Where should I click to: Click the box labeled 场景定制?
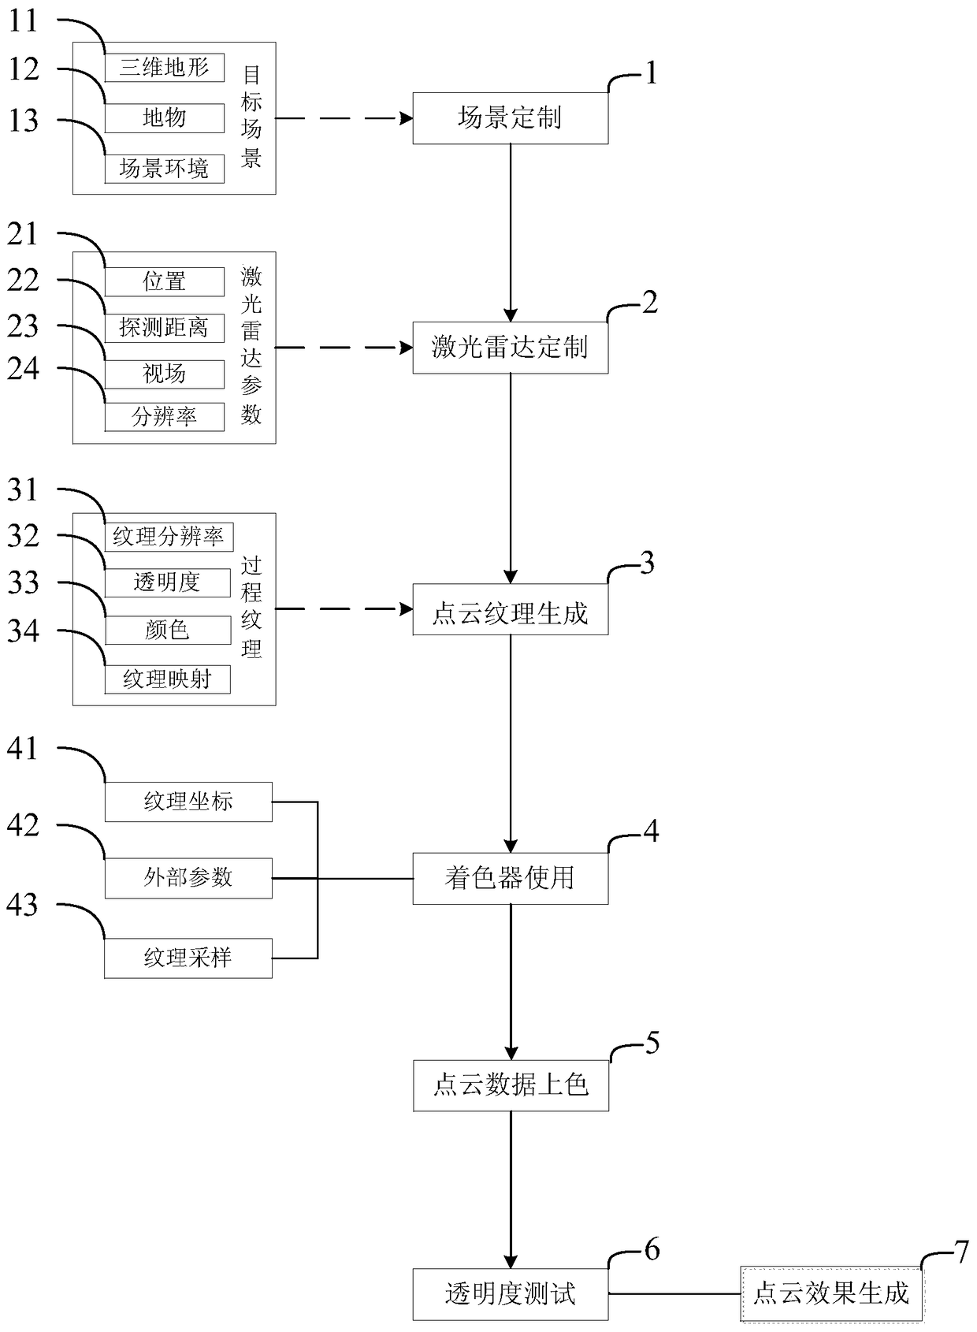coord(510,118)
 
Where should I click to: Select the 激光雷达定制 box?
coord(510,348)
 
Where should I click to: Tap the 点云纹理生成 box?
coord(510,613)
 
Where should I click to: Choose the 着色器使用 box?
coord(510,878)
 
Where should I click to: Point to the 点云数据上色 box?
coord(511,1085)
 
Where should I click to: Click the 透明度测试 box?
coord(510,1293)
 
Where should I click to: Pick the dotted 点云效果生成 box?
coord(831,1293)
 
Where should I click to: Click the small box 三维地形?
coord(164,68)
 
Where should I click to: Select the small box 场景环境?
coord(164,169)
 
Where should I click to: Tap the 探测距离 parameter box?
coord(164,327)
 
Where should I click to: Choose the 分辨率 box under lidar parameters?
coord(164,416)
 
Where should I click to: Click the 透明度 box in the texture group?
coord(167,582)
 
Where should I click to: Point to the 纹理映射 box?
coord(167,679)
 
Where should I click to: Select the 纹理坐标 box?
coord(188,802)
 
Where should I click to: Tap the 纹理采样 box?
coord(188,958)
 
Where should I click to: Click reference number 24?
coord(23,368)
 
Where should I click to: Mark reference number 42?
coord(23,826)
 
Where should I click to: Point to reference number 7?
coord(960,1252)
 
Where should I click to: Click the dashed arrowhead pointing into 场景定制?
coord(407,118)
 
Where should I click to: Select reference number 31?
coord(23,490)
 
